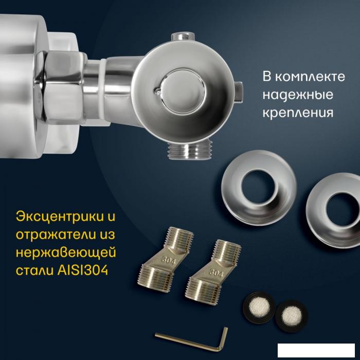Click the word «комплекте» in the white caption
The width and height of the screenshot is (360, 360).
tap(310, 77)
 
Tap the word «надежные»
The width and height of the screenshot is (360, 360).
tap(298, 95)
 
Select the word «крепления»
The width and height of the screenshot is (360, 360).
tap(298, 113)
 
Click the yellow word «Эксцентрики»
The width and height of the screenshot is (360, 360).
tap(60, 217)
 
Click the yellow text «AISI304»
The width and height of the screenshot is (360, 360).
tap(82, 270)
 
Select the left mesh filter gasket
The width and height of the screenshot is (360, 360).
tap(259, 307)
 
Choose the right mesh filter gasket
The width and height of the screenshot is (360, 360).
tap(292, 316)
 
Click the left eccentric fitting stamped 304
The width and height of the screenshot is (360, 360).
tap(166, 259)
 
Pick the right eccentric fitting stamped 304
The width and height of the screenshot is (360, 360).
tap(213, 272)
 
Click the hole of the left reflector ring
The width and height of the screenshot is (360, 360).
tap(259, 187)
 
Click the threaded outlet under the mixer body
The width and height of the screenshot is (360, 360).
tap(190, 150)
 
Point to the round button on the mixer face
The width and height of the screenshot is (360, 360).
tap(182, 92)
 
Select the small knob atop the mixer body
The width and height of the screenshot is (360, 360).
tap(183, 37)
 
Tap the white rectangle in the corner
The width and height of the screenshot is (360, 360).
tap(316, 350)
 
